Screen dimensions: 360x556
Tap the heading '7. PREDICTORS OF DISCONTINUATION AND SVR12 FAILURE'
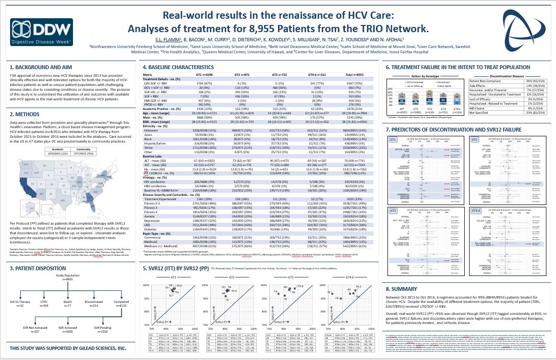coord(453,130)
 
